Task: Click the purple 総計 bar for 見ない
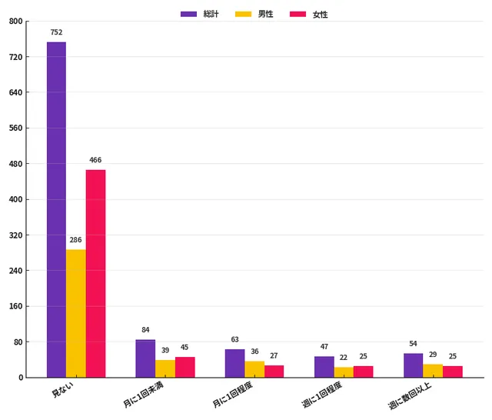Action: pyautogui.click(x=56, y=209)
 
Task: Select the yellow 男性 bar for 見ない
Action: pyautogui.click(x=76, y=313)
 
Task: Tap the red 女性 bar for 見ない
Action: pyautogui.click(x=95, y=273)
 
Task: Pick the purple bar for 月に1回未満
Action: pyautogui.click(x=145, y=358)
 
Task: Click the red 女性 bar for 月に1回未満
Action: pyautogui.click(x=184, y=367)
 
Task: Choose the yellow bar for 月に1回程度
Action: pyautogui.click(x=254, y=369)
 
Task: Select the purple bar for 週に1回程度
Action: pyautogui.click(x=324, y=367)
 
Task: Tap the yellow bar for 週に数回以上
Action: pyautogui.click(x=433, y=371)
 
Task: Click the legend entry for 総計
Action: pyautogui.click(x=199, y=14)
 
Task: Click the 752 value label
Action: pyautogui.click(x=56, y=32)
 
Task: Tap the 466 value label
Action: pyautogui.click(x=95, y=160)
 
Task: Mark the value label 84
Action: pyautogui.click(x=145, y=330)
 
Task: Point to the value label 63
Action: pyautogui.click(x=234, y=339)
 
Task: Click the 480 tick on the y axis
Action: pyautogui.click(x=15, y=164)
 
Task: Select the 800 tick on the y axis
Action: pyautogui.click(x=15, y=22)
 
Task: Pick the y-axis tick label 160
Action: pyautogui.click(x=15, y=306)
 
